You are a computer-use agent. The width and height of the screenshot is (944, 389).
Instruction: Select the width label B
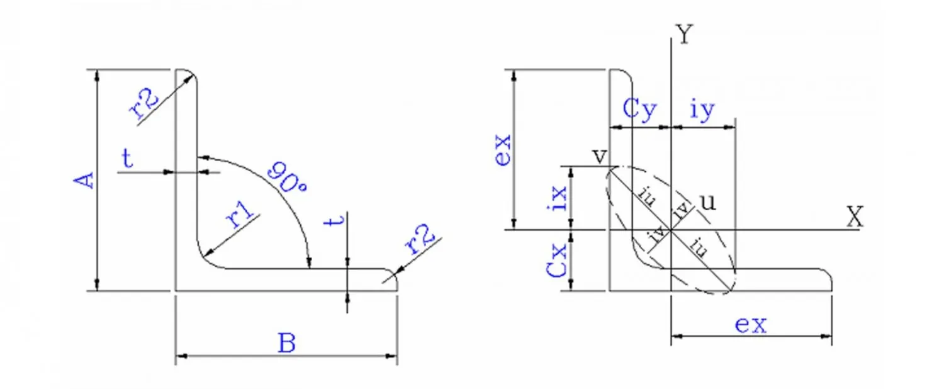(287, 344)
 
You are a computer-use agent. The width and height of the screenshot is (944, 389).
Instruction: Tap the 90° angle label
(286, 178)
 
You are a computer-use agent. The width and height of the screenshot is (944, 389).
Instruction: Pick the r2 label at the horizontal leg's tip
(421, 242)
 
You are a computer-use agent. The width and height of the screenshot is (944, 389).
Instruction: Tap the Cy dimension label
(639, 111)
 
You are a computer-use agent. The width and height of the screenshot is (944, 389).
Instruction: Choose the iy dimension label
(702, 111)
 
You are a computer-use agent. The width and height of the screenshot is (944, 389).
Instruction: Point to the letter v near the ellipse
(600, 155)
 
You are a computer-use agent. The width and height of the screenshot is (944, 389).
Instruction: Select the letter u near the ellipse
(707, 201)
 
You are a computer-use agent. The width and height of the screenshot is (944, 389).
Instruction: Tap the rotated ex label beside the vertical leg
(503, 149)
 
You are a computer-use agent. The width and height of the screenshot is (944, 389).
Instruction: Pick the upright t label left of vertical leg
(128, 159)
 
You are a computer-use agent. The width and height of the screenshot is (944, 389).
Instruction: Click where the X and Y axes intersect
(671, 230)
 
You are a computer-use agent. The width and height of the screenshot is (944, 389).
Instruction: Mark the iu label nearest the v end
(644, 196)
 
